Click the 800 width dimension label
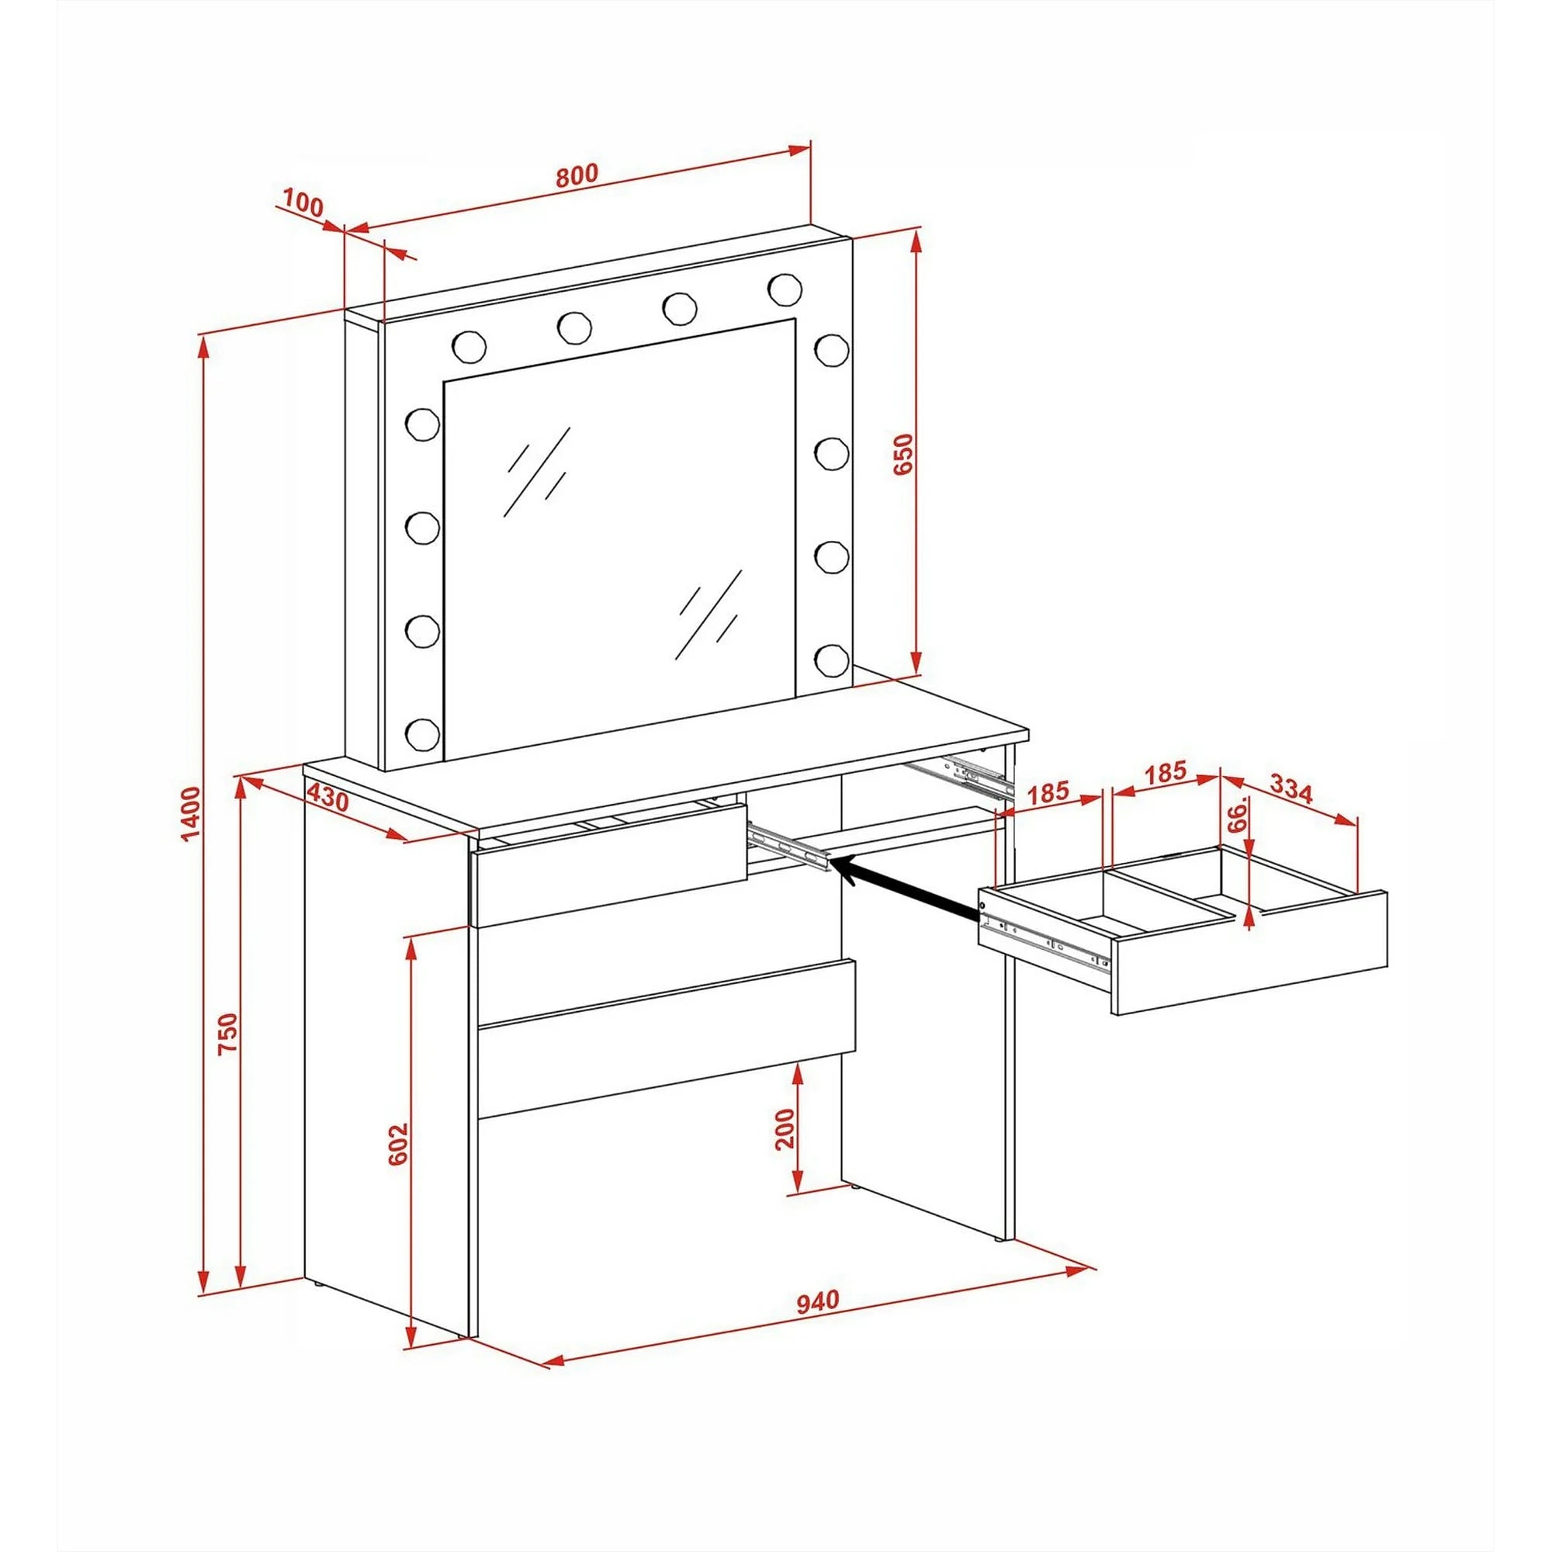(577, 176)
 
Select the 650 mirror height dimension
(904, 455)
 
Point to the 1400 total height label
(190, 815)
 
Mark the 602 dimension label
(398, 1145)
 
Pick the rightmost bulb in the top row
(784, 288)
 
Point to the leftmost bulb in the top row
(469, 346)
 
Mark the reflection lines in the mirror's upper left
(535, 473)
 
